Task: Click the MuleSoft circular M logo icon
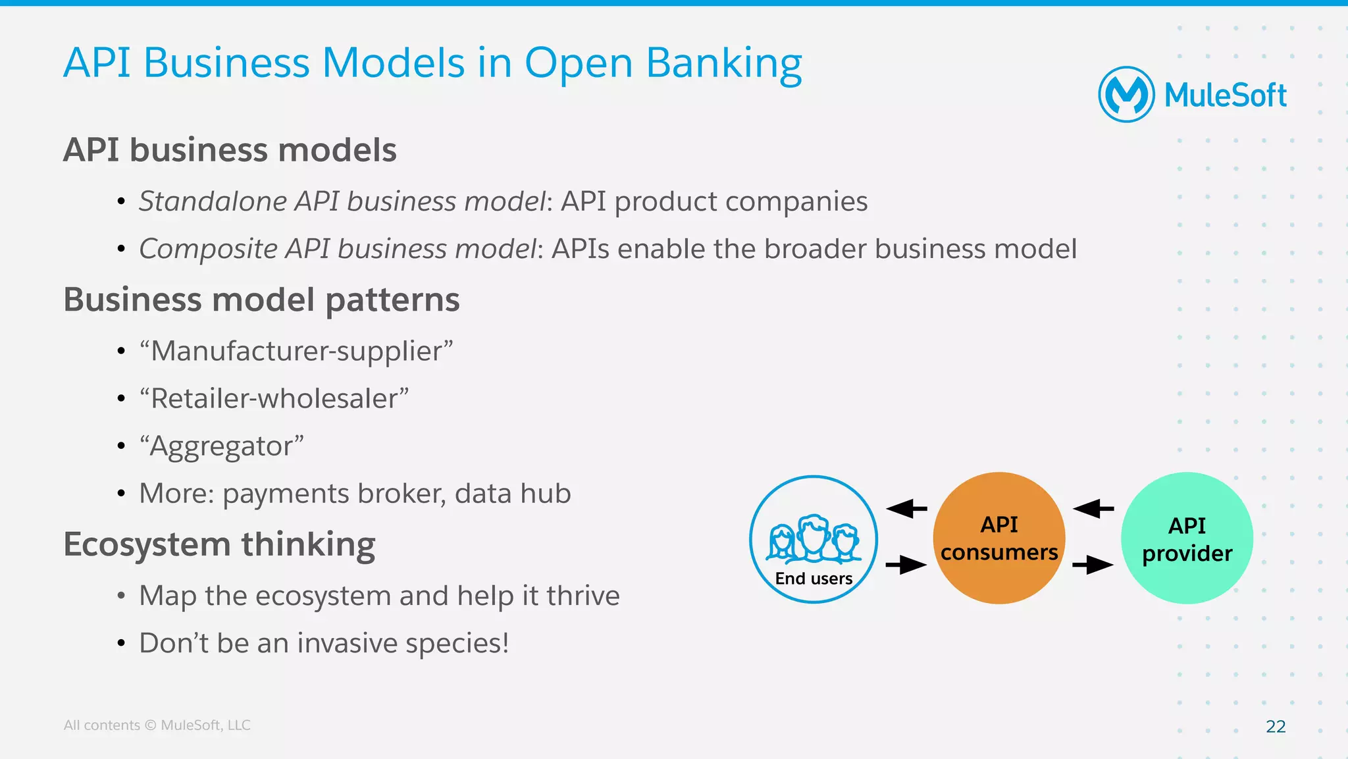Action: pos(1126,95)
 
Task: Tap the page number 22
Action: pos(1276,726)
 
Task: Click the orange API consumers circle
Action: pos(999,538)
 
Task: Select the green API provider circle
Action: pos(1187,538)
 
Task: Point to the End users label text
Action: pos(814,579)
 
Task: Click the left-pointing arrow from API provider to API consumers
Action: pos(1093,508)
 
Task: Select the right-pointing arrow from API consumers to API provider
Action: pos(1093,565)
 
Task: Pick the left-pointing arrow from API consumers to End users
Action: pos(906,508)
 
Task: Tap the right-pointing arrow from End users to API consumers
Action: pos(906,565)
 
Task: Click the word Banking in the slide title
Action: pos(723,64)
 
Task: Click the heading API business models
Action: pos(230,150)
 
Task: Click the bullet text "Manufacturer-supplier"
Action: pos(296,351)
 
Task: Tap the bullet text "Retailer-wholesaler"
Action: pos(274,398)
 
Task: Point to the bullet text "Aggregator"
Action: pos(221,446)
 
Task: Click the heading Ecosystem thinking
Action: pos(219,545)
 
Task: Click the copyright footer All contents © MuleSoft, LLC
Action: pos(157,725)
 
